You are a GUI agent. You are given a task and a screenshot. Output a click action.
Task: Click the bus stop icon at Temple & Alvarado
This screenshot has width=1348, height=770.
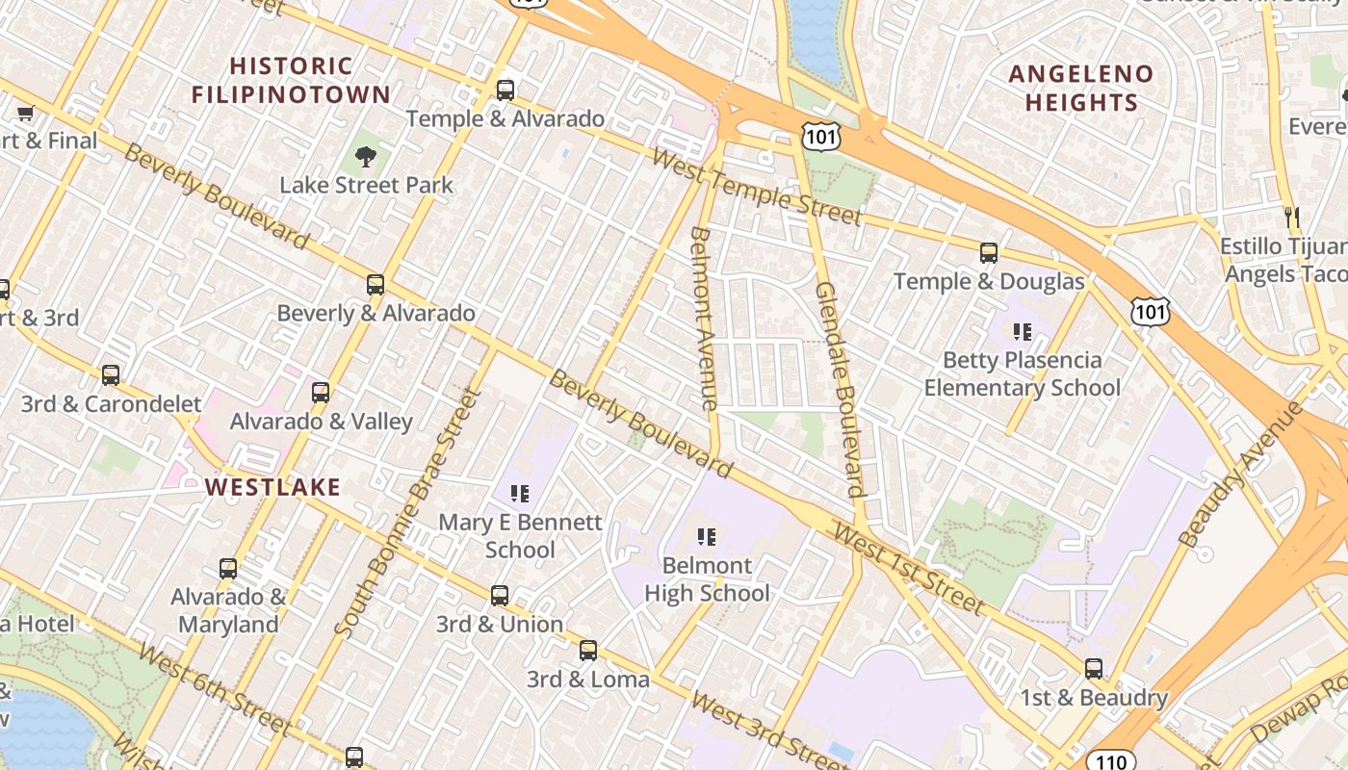click(x=505, y=90)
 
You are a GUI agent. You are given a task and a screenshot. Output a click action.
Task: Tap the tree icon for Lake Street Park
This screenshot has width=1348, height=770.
click(x=365, y=156)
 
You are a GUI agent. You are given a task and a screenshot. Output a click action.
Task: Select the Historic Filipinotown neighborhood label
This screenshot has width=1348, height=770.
click(x=291, y=80)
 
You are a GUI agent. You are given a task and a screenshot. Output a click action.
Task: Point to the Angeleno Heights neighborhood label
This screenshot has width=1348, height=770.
click(x=1080, y=88)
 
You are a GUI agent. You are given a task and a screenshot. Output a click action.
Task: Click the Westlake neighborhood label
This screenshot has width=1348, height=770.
click(x=273, y=487)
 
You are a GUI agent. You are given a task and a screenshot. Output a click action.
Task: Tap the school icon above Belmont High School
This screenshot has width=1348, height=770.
click(x=707, y=536)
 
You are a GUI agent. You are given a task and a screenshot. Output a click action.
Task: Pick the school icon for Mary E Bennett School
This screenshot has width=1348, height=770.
click(x=520, y=494)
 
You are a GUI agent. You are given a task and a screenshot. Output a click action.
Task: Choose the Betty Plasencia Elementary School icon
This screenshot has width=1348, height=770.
click(x=1022, y=332)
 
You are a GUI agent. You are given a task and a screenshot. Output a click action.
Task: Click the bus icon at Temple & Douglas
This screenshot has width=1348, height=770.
click(x=989, y=253)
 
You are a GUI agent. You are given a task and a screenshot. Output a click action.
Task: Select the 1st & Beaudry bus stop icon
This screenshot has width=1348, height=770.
click(x=1093, y=668)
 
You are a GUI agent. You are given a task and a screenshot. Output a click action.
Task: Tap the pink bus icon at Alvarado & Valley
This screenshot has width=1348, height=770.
click(x=321, y=393)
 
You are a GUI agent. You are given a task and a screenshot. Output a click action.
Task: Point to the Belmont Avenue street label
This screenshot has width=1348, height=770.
click(x=704, y=319)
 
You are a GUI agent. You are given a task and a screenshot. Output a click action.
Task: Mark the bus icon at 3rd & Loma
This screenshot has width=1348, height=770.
click(x=588, y=651)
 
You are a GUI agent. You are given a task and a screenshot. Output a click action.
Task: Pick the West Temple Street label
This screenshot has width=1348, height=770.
click(x=756, y=187)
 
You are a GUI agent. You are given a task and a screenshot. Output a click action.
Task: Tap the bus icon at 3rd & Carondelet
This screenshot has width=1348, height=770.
click(x=111, y=375)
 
